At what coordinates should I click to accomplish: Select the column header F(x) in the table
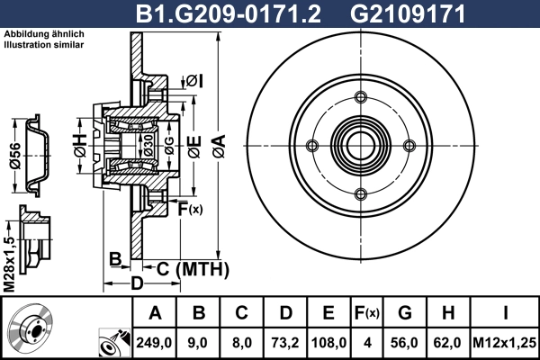pos(368,314)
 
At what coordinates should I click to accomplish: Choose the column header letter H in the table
pos(448,314)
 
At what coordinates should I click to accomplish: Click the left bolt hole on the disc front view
pos(312,146)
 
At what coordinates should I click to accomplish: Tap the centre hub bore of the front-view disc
pos(361,146)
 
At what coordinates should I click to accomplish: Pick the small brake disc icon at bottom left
pos(31,332)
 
